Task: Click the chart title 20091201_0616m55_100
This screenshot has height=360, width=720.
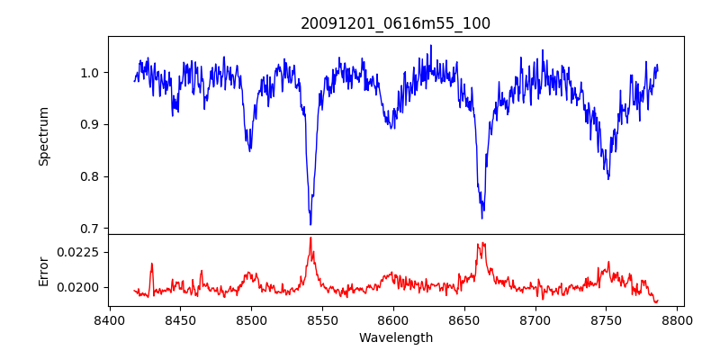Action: coord(395,23)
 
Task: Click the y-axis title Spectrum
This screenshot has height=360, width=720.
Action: coord(43,136)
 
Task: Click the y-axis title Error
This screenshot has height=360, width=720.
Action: coord(43,270)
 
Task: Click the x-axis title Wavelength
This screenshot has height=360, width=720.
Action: coord(395,338)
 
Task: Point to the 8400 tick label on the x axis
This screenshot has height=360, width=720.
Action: coord(109,319)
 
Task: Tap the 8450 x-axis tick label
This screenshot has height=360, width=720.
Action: coord(180,319)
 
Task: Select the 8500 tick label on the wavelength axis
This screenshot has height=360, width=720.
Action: coord(251,319)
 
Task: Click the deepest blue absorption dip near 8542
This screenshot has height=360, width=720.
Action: coord(310,224)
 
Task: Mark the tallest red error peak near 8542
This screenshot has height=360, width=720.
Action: coord(310,238)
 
